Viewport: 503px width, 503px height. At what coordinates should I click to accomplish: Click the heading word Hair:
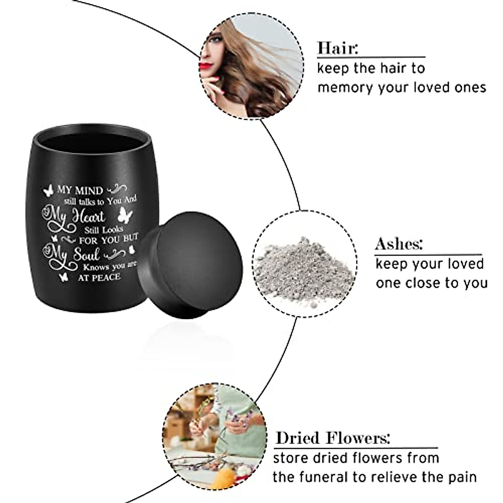[338, 48]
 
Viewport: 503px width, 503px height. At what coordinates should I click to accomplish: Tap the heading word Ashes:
[399, 244]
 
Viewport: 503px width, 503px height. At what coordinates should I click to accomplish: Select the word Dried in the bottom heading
[299, 438]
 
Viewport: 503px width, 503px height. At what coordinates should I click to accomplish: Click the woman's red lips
[205, 65]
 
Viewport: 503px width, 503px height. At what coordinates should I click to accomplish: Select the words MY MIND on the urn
[84, 190]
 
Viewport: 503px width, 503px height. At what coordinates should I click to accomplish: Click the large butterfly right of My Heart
[125, 215]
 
